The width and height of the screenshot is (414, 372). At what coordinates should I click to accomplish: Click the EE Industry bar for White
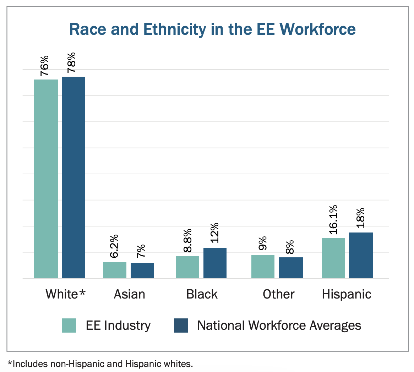pos(46,179)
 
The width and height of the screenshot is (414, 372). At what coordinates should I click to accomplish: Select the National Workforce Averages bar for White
pos(73,177)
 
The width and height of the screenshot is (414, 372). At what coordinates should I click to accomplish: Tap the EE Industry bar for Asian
pos(115,270)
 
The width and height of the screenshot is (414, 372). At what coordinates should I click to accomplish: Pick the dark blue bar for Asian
pos(142,270)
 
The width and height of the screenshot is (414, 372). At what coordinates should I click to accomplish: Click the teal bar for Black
pos(187,267)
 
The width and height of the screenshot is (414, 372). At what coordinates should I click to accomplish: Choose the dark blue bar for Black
pos(215,263)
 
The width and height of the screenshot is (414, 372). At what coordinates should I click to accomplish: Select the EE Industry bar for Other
pos(263,267)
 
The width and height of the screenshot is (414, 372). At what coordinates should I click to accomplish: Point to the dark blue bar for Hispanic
pos(361,255)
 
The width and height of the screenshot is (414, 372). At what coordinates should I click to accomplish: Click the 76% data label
pos(45,66)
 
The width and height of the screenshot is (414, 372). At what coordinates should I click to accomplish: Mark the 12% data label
pos(214,233)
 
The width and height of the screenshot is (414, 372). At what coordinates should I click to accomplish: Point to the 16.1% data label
pos(333,220)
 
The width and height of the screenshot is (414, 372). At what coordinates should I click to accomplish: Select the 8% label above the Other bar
pos(290,247)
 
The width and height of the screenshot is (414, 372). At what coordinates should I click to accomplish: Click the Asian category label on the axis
pos(129,294)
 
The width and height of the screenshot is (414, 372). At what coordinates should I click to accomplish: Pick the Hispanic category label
pos(346,294)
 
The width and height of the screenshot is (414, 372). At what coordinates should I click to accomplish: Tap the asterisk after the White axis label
pos(82,293)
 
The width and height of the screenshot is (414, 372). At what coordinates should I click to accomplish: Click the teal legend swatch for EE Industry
pos(69,325)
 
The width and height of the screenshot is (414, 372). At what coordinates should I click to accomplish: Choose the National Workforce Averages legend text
pos(279,325)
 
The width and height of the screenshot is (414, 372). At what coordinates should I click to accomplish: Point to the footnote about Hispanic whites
pos(100,364)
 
